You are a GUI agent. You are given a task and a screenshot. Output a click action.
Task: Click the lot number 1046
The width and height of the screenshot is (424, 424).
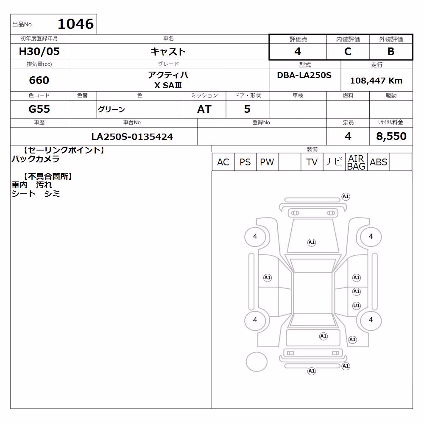coord(76,24)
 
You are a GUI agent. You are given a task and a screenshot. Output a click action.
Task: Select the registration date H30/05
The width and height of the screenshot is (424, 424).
coord(39,51)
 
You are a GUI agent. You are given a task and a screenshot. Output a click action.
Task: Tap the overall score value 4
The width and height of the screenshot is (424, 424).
coord(298,51)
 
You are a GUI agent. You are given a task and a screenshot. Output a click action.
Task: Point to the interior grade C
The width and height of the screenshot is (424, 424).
coord(348,51)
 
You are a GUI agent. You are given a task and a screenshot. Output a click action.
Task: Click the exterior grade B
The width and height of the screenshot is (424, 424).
coord(391,51)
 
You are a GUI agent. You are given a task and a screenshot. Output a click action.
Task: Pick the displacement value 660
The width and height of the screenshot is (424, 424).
coord(39,80)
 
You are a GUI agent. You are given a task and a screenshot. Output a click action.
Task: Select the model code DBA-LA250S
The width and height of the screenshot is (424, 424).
coord(304,75)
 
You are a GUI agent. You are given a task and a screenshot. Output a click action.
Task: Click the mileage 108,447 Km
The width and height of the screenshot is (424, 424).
coord(376,81)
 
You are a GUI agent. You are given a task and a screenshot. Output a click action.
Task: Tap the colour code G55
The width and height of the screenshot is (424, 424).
coord(39,109)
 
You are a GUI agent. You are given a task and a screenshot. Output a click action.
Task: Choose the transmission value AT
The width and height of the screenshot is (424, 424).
coord(204,109)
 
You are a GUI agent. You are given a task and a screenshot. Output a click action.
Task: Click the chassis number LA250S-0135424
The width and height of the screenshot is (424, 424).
coord(132,137)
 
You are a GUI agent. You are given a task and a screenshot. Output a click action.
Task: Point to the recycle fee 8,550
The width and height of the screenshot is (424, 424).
coord(391,136)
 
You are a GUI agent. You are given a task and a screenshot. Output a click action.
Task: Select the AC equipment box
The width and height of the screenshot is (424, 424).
coord(223,162)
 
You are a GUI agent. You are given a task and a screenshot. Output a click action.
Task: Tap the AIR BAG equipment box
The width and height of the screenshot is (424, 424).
coord(356,162)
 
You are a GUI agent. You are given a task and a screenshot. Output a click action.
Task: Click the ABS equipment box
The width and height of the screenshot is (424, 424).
coord(379,162)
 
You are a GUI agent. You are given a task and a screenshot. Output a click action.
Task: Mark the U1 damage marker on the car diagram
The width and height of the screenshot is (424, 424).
coord(357,306)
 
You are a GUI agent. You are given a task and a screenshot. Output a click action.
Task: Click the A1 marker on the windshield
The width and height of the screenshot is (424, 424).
coord(312,242)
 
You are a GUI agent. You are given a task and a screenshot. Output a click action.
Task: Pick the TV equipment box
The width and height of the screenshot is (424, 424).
coord(312,162)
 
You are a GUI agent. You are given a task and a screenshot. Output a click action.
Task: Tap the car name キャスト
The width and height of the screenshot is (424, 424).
coord(168,51)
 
